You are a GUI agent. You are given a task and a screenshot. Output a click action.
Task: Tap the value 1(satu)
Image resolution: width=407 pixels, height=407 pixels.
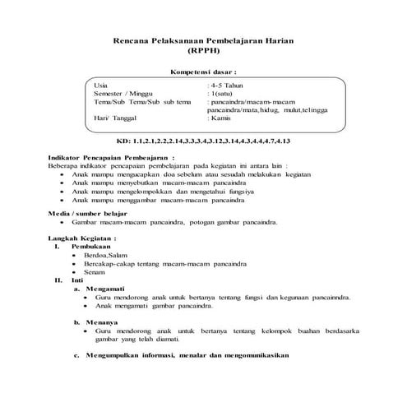(x=223, y=94)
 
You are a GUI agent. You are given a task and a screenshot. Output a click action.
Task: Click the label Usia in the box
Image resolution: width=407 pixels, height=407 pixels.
(x=101, y=86)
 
